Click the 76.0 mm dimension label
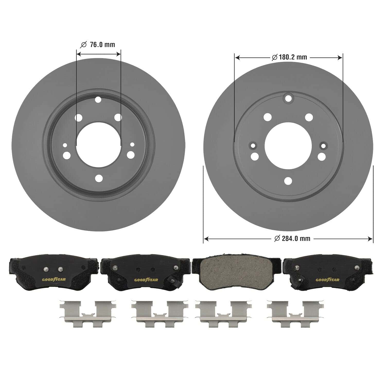(x=98, y=45)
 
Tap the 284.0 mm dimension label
(x=292, y=239)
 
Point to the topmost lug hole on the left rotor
(x=98, y=100)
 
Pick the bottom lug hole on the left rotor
(x=99, y=178)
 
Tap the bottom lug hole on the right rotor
(x=288, y=181)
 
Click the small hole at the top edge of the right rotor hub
(x=288, y=98)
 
